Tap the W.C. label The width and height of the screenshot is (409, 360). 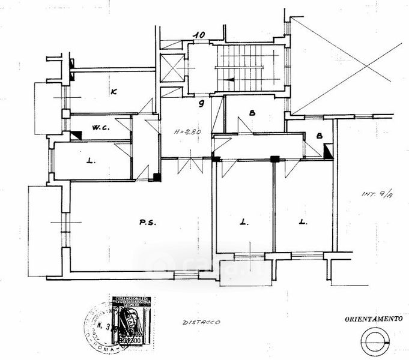100,128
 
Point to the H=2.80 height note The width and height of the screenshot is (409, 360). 185,131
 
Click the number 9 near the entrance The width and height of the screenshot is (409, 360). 202,104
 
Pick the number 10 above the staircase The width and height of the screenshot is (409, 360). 199,35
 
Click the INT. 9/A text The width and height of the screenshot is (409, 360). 375,194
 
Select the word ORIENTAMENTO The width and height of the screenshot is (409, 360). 372,319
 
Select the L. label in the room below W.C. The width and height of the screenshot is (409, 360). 90,161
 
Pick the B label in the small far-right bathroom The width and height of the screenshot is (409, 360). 320,136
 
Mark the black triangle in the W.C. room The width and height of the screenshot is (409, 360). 76,136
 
